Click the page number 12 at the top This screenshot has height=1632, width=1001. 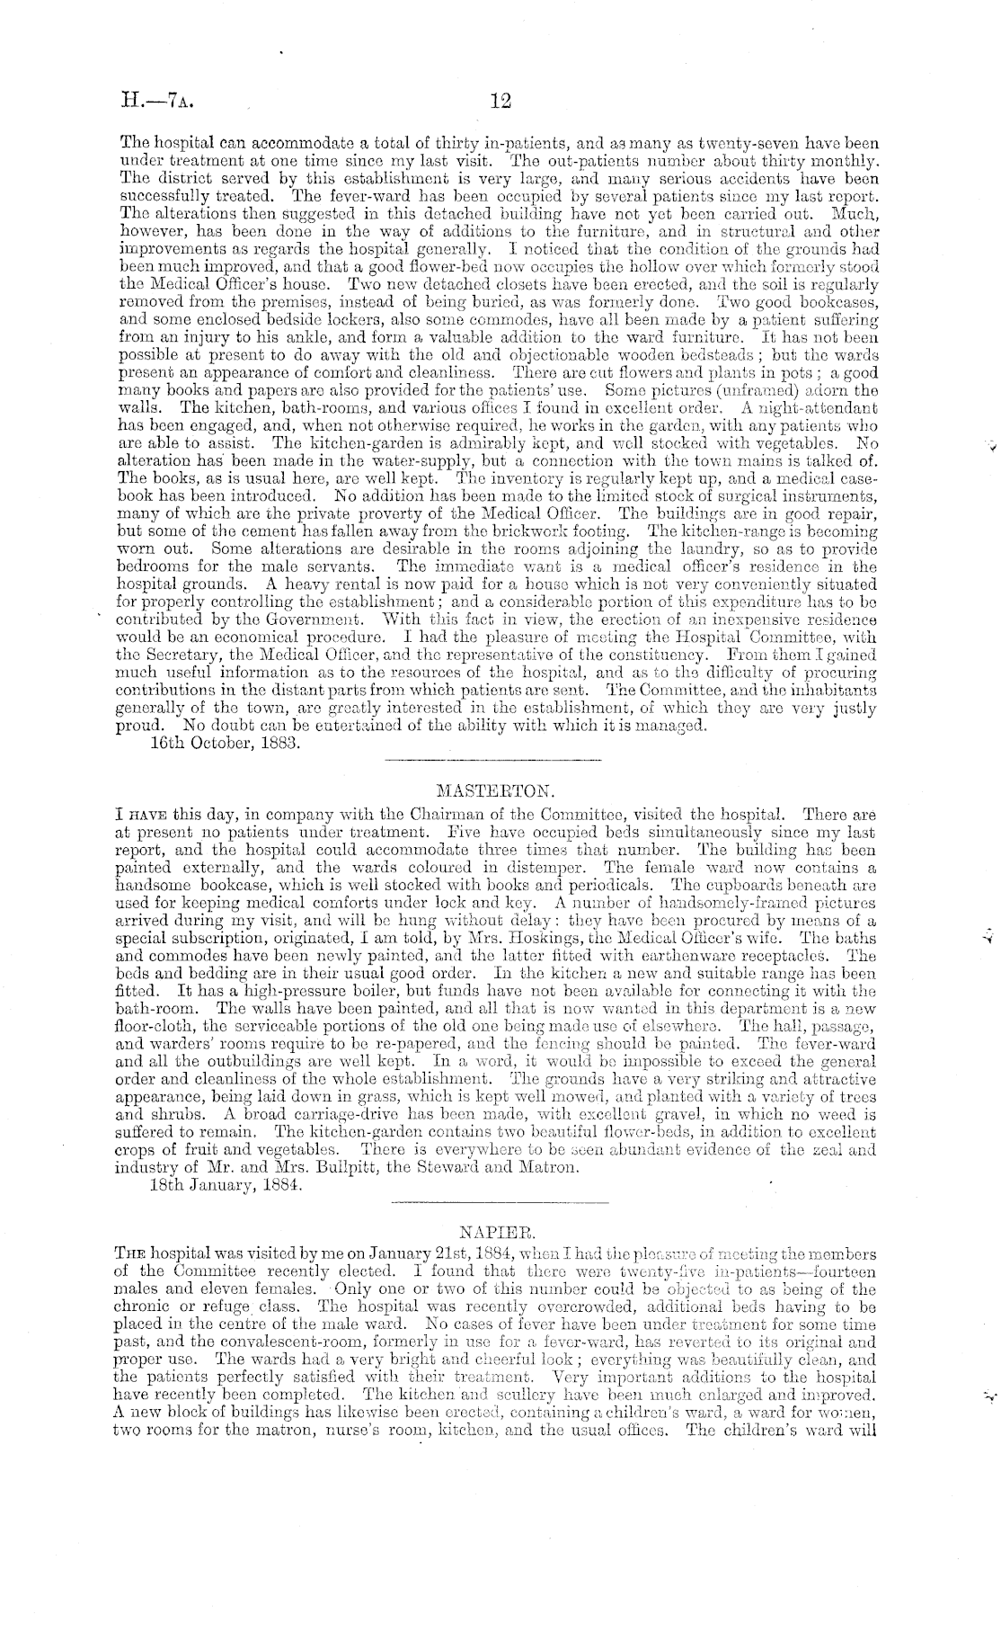point(500,101)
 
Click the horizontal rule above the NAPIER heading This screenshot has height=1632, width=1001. point(500,1201)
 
